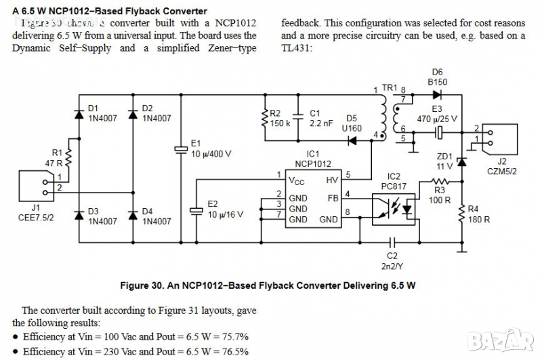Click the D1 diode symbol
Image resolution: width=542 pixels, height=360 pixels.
tap(80, 111)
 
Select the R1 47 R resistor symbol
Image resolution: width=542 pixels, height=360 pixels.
tap(68, 161)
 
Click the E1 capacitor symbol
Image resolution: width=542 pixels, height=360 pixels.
tap(180, 148)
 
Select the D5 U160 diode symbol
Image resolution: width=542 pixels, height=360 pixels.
tap(352, 140)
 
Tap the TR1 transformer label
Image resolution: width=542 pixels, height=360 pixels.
tap(389, 88)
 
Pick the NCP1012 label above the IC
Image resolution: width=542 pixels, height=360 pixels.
tap(312, 164)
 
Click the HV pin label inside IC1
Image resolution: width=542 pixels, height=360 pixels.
tap(331, 180)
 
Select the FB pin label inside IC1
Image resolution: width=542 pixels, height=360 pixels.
tap(332, 199)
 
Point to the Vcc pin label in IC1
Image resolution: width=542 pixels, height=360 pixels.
tap(296, 180)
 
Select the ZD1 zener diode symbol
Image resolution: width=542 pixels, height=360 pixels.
tap(462, 161)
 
